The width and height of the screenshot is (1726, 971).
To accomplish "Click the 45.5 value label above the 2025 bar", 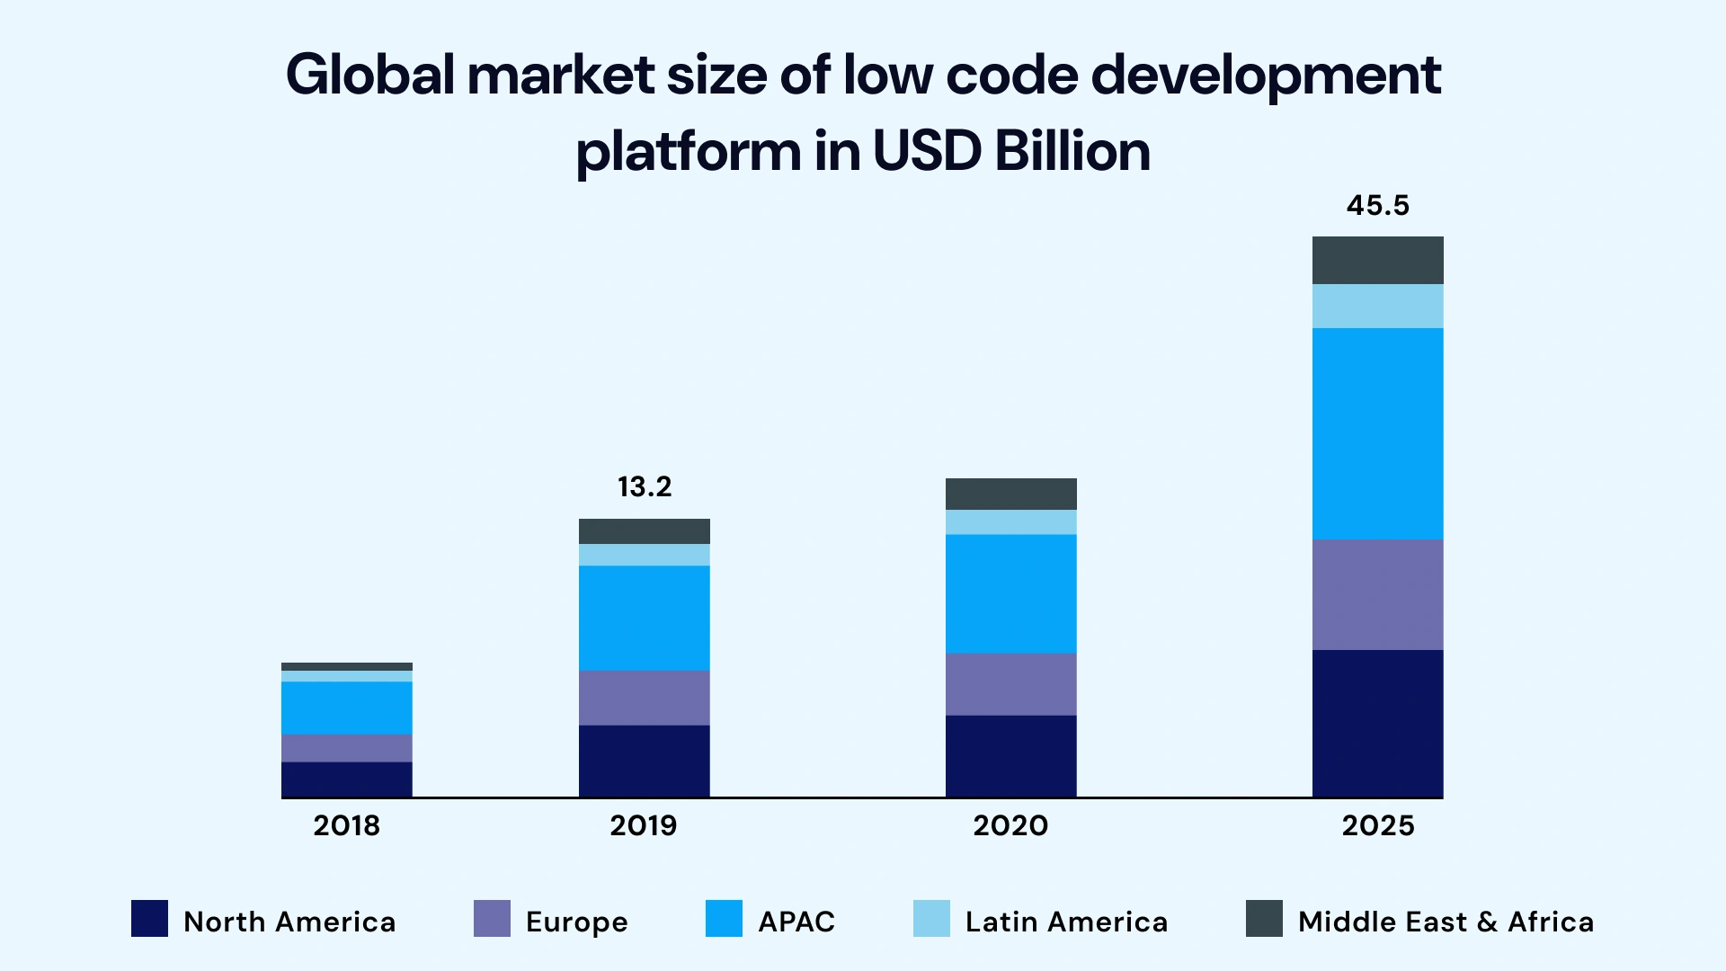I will [1377, 206].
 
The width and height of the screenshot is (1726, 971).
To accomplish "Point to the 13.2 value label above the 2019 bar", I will [645, 487].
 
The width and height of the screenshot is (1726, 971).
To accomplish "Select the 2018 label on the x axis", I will [346, 825].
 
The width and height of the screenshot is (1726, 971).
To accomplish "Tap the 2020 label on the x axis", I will [1010, 825].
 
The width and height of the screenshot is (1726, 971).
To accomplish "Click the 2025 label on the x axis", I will [1377, 825].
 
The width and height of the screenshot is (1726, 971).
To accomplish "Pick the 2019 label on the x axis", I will [643, 825].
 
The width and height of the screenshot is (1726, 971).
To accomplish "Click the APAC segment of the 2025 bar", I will [1377, 433].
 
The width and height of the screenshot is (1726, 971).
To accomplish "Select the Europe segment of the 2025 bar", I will [1377, 594].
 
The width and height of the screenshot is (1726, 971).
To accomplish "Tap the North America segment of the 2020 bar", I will [1010, 755].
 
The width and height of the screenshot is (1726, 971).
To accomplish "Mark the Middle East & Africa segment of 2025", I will [1377, 260].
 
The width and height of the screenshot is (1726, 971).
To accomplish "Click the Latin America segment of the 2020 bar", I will [1010, 522].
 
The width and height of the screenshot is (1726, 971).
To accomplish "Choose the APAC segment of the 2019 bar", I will [644, 618].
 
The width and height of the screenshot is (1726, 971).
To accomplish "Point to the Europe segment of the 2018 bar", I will [346, 748].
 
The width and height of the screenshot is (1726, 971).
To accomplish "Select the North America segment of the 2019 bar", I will [644, 761].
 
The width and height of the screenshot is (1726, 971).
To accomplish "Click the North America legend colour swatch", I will [149, 919].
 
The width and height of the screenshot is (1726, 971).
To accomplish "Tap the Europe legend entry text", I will [576, 922].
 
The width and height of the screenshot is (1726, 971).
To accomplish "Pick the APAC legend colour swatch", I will [724, 919].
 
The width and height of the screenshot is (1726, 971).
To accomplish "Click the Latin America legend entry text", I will [1066, 922].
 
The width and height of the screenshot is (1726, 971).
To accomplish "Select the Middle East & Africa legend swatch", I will [1264, 919].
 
